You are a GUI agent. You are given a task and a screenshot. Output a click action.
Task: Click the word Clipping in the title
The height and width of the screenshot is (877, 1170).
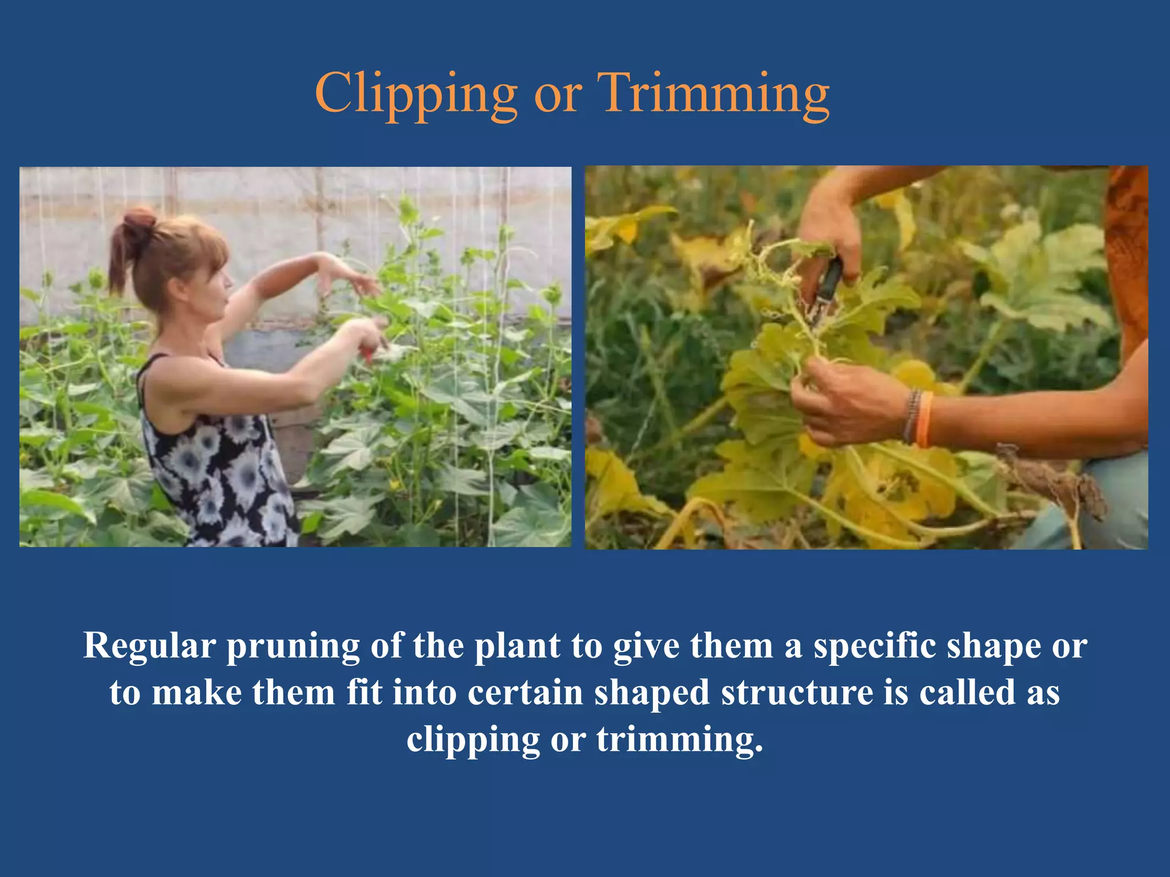tap(416, 94)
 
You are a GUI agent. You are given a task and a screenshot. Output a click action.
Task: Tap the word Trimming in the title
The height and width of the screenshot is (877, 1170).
tap(713, 94)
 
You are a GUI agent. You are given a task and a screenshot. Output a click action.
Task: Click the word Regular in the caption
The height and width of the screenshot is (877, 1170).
tap(150, 646)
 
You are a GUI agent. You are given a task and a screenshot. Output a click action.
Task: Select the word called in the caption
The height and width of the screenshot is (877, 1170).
tap(967, 693)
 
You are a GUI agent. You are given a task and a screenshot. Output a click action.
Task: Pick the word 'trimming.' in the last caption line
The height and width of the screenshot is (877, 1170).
tap(680, 740)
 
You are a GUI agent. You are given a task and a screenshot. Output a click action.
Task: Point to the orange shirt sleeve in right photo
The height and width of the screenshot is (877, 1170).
tap(1128, 257)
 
